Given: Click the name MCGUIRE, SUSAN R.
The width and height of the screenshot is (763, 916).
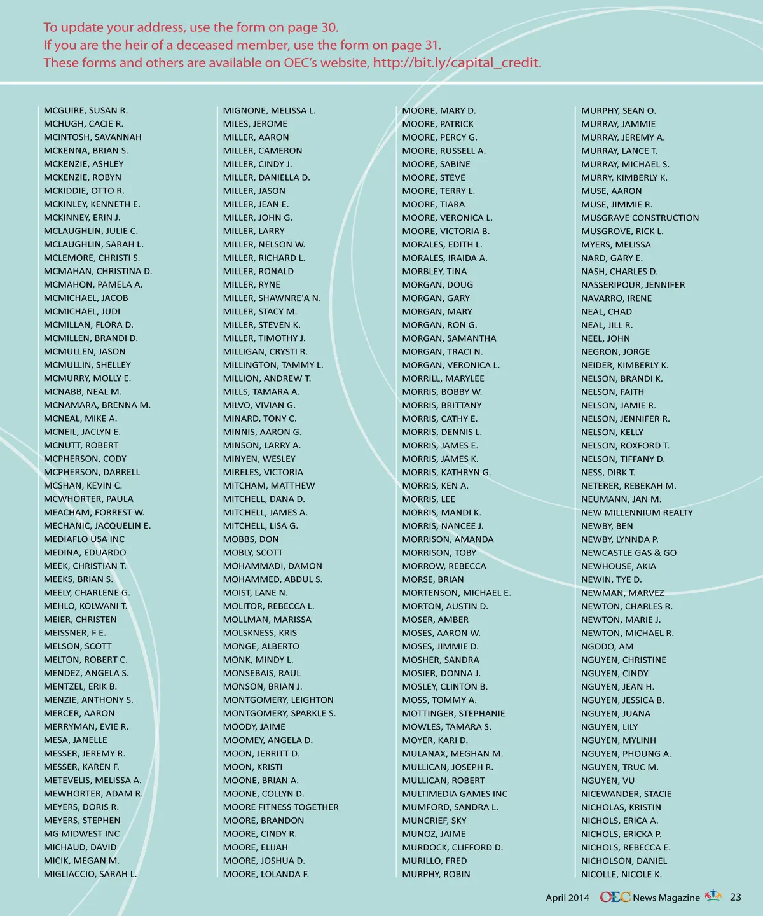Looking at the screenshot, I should tap(86, 111).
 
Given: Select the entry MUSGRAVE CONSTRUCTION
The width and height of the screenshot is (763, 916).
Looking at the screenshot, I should tap(640, 218).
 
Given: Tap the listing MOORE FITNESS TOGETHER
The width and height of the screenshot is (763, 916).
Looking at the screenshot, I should tap(280, 807).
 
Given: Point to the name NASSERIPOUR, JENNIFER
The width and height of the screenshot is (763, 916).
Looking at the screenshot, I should tap(633, 285).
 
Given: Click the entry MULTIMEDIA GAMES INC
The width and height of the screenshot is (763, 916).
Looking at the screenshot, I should tap(455, 794).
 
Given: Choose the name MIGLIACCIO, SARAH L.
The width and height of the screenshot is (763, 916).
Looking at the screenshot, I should tap(90, 874).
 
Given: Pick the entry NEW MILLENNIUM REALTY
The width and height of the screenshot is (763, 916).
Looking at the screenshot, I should tap(636, 513).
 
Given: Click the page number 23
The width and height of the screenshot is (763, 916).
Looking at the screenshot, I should tap(736, 898).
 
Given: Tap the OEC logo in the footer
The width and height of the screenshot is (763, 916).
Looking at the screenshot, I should tap(615, 897).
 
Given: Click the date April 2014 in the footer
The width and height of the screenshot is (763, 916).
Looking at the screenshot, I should tap(567, 898).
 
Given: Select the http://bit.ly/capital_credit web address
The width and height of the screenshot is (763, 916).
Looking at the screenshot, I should tap(457, 63).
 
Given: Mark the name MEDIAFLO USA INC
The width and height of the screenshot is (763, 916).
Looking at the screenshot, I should tap(84, 539).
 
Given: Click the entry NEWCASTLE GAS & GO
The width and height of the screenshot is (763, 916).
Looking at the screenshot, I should tap(629, 553).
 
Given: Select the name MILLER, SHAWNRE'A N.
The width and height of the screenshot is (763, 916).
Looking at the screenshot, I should tap(272, 298).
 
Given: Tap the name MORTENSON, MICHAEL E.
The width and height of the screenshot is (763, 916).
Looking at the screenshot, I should tap(457, 593).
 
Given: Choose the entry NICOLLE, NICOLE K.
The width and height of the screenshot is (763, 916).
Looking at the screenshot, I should tap(621, 874).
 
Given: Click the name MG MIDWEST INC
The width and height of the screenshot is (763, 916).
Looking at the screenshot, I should tap(81, 834).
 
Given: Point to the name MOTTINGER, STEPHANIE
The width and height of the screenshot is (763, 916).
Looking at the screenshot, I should tap(453, 714).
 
